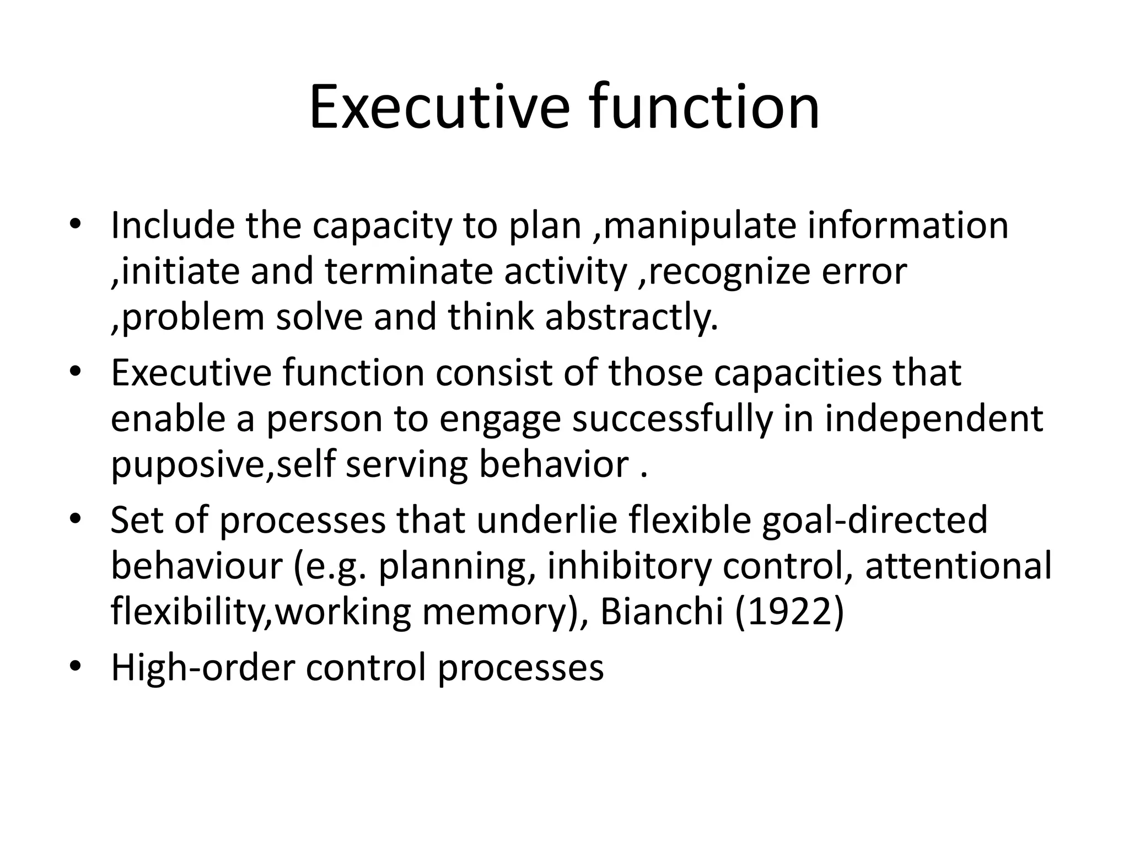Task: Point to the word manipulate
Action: (x=700, y=226)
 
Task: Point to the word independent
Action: (x=934, y=419)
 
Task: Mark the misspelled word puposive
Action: (x=188, y=465)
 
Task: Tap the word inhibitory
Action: (x=629, y=566)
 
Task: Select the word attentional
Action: (x=958, y=566)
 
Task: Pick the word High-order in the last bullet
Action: (x=203, y=668)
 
